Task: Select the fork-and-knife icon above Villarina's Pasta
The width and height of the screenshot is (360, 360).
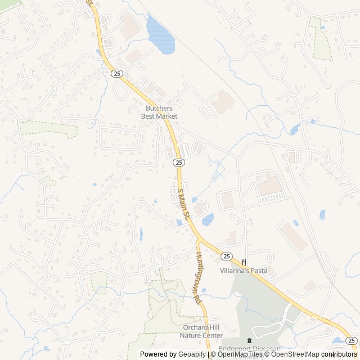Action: click(244, 262)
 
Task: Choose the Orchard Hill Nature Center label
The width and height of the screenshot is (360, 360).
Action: click(201, 332)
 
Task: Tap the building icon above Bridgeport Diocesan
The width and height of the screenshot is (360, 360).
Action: click(250, 341)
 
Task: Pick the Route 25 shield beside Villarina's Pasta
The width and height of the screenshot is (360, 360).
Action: click(226, 256)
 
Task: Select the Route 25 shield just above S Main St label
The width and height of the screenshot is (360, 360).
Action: click(178, 163)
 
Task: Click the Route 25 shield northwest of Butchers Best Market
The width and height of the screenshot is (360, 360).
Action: click(116, 74)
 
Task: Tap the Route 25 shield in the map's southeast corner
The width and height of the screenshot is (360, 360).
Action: click(350, 340)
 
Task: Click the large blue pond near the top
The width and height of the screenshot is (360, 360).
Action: click(160, 35)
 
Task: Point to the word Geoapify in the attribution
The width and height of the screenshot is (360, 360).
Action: click(192, 354)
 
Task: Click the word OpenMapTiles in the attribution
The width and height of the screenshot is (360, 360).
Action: click(240, 354)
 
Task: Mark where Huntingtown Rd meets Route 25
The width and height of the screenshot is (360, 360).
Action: click(198, 240)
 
